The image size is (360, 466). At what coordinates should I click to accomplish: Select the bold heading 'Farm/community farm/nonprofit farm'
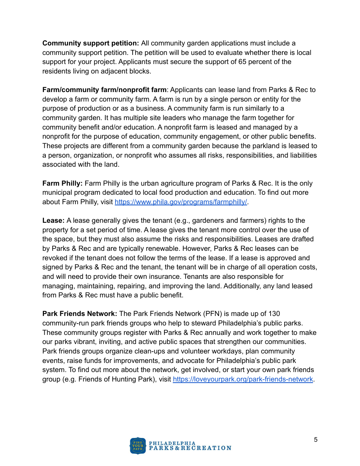coord(104,90)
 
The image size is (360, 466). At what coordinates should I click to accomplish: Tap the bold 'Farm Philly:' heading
coord(62,183)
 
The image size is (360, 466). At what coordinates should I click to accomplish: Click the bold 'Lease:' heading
coord(53,220)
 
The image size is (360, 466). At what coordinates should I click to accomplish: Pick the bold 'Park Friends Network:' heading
coord(80,314)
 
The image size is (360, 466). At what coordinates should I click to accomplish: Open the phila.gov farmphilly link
coord(181,202)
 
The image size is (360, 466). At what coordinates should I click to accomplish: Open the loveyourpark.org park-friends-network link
coord(243,379)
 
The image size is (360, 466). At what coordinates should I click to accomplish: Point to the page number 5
coord(316,440)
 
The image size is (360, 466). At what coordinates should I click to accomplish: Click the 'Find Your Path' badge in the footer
coord(138,446)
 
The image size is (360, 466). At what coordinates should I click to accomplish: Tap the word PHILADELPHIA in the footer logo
coord(172,443)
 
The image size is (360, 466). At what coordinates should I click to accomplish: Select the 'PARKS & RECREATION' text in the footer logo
coord(190,448)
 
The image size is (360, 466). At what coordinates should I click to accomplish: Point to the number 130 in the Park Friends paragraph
coord(274,314)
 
